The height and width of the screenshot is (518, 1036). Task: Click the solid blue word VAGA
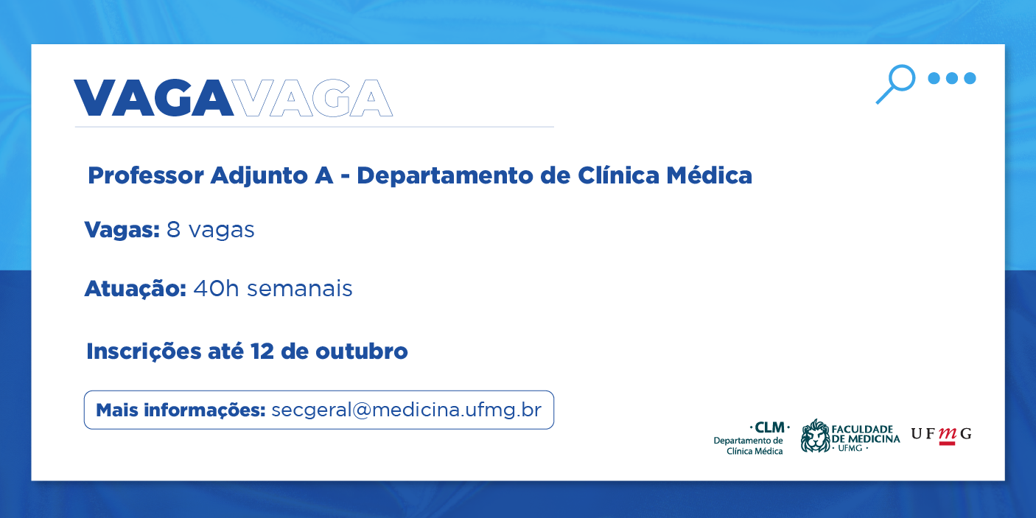tap(153, 98)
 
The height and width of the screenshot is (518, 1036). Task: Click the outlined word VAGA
tap(312, 98)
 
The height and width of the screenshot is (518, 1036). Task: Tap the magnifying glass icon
tap(895, 84)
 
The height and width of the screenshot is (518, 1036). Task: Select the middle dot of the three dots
tap(952, 78)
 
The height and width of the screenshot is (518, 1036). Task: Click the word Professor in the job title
tap(146, 176)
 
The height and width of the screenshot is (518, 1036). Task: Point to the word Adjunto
tap(259, 176)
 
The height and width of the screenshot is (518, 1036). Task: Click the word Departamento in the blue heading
tap(445, 176)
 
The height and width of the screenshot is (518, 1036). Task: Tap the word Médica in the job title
tap(709, 175)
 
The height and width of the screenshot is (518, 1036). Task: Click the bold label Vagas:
tap(122, 230)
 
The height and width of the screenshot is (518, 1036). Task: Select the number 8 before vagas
tap(173, 229)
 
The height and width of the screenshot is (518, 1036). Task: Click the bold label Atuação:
tap(136, 289)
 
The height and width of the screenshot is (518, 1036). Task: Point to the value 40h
tap(216, 288)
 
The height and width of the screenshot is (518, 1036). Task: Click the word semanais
tap(300, 289)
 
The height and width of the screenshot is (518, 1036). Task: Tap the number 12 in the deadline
tap(262, 351)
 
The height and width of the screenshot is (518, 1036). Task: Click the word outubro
tap(362, 351)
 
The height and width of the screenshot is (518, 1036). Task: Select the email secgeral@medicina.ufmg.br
tap(406, 410)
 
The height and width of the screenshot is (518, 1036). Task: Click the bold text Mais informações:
tap(181, 410)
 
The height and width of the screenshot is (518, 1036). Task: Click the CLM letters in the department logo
tap(769, 427)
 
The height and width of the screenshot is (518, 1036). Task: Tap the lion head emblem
tap(816, 435)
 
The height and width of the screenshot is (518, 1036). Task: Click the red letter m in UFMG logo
tap(947, 434)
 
